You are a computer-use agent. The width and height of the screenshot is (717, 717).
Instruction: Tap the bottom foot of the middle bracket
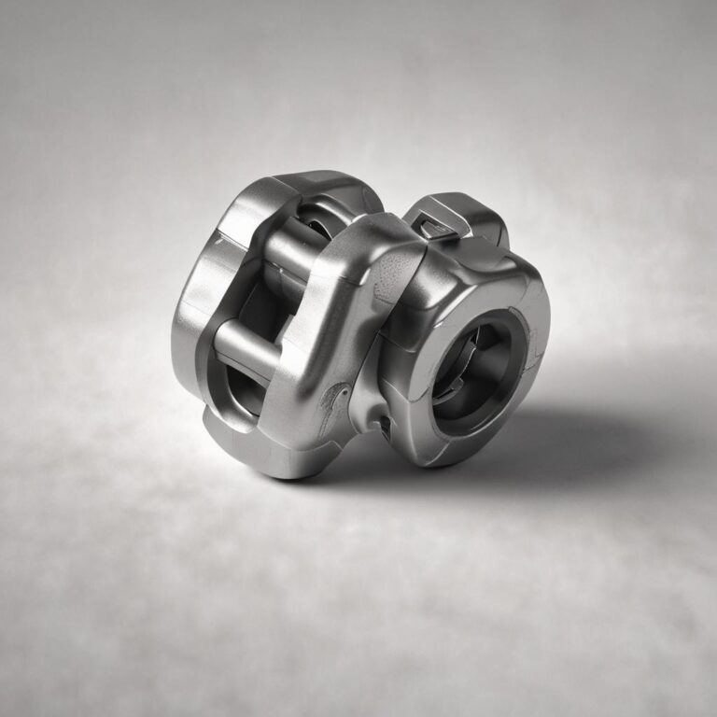[x=280, y=457]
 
